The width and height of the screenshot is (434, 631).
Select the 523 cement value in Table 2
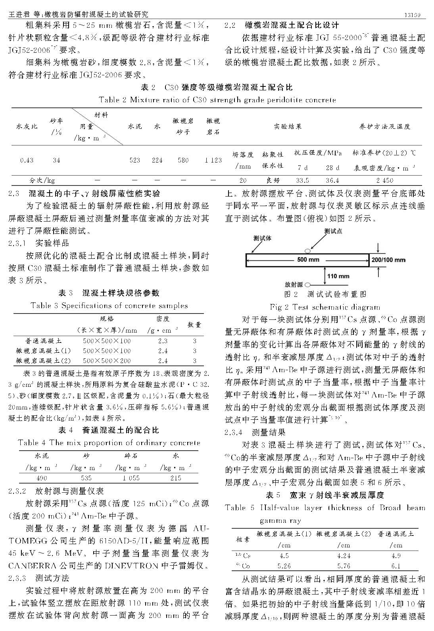coord(135,160)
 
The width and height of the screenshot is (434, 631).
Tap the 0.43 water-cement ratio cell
coord(27,160)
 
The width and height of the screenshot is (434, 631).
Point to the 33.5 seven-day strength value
coord(302,180)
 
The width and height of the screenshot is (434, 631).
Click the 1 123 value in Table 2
coord(213,160)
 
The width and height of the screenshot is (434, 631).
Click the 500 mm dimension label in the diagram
coord(308,260)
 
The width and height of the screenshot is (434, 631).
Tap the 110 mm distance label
coord(338,276)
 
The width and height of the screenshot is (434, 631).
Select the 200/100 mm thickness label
coord(388,260)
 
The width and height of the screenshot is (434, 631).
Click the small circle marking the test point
coord(307,250)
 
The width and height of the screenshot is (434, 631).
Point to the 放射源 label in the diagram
coord(294,285)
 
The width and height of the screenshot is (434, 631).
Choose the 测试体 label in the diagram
coord(262,238)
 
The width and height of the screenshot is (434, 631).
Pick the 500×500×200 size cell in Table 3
coord(107,361)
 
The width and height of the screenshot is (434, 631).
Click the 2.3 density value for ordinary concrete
coord(163,340)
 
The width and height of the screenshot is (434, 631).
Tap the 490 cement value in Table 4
coord(41,478)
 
